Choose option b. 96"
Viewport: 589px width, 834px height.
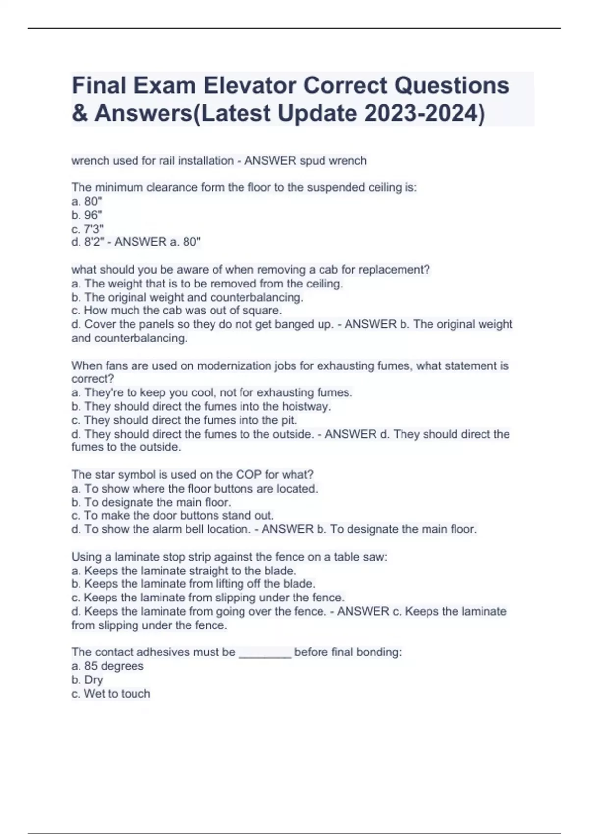click(87, 215)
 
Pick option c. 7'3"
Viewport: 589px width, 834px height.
click(87, 229)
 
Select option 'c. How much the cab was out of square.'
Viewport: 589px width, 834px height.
click(177, 311)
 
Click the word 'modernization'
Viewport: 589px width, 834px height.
click(231, 365)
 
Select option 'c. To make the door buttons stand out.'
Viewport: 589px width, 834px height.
click(172, 516)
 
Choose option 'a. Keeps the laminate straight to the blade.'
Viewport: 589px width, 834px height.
click(184, 571)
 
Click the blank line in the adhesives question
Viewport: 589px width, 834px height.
click(265, 652)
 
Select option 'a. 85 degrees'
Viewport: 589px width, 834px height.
click(107, 666)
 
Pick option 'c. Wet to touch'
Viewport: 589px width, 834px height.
click(110, 694)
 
